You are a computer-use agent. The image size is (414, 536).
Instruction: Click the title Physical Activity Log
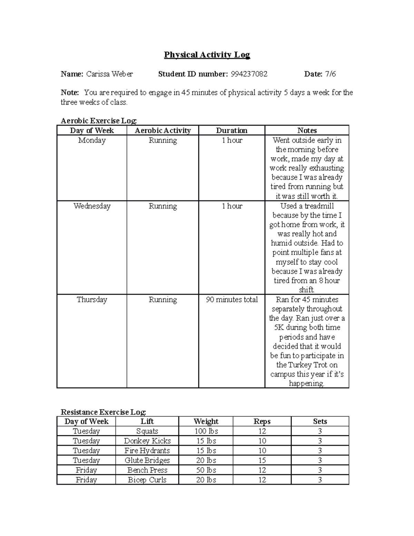207,55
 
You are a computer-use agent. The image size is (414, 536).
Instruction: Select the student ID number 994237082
249,74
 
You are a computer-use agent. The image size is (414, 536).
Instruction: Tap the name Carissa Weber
109,74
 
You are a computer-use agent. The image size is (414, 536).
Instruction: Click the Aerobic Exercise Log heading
99,121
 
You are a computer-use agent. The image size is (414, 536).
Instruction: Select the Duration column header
231,130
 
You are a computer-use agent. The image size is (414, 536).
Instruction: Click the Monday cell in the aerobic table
92,140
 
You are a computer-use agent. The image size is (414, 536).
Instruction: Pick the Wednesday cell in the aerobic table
92,206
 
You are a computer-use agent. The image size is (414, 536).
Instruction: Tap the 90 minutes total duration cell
231,300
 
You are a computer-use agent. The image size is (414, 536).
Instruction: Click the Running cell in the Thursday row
162,300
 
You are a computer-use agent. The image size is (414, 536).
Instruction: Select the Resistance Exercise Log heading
103,412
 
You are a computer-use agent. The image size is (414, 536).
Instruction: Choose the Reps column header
262,421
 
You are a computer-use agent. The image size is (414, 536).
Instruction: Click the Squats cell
147,431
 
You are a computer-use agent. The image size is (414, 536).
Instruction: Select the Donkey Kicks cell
147,441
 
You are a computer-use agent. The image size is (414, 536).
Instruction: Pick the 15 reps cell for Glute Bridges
262,460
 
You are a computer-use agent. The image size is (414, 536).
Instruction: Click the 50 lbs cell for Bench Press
206,470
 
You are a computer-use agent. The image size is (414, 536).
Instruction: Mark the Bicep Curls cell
147,480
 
